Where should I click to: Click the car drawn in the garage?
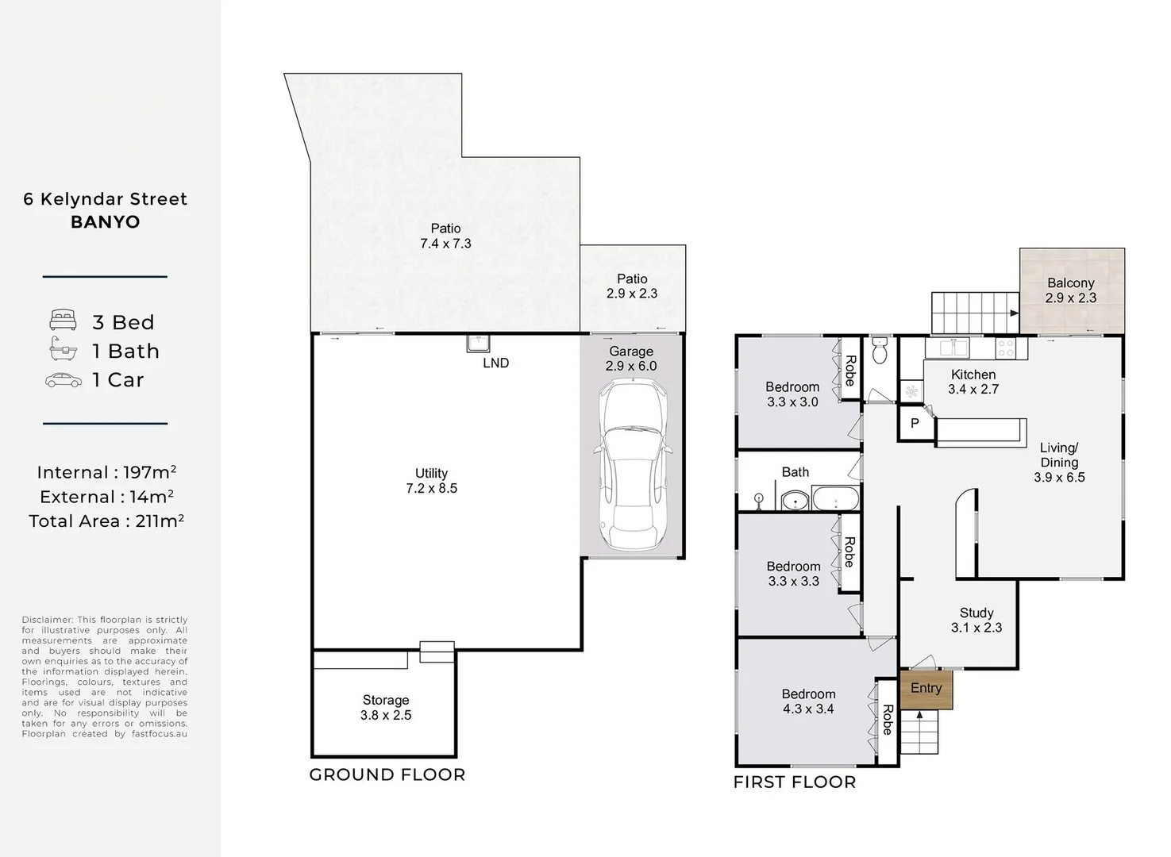632,464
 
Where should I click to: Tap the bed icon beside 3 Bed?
63,321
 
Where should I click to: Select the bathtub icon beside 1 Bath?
63,349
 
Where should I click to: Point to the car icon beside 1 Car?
63,380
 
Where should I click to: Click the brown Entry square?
926,689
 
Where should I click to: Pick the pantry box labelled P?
915,424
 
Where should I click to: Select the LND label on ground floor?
495,363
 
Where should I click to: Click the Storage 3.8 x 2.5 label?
386,707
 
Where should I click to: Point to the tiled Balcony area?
1071,290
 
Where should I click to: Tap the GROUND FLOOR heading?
387,774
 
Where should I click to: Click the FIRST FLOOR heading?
794,782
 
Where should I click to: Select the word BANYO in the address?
105,222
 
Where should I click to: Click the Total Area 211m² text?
106,521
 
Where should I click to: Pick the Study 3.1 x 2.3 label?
976,620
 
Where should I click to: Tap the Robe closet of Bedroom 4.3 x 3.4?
887,721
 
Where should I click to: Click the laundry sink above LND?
478,343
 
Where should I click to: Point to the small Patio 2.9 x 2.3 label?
632,286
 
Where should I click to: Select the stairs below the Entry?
919,732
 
